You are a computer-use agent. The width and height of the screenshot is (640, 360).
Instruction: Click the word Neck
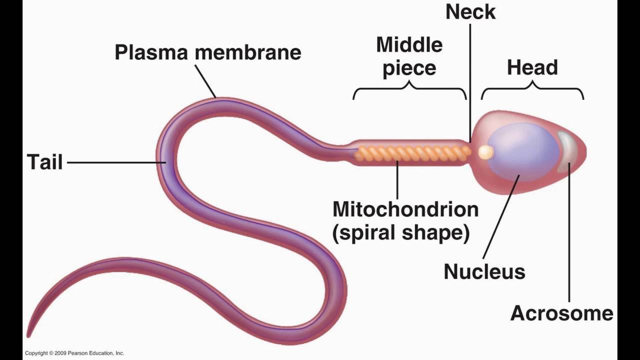[x=470, y=12]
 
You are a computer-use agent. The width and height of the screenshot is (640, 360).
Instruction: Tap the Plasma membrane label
[x=207, y=52]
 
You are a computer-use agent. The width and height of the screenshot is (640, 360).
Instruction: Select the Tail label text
[x=44, y=162]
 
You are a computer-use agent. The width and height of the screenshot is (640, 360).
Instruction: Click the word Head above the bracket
[x=532, y=67]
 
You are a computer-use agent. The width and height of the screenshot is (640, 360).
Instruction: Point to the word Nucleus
[x=484, y=271]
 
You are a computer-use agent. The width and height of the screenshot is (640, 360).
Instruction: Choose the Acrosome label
[x=561, y=313]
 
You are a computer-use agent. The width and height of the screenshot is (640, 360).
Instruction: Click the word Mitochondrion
[x=405, y=209]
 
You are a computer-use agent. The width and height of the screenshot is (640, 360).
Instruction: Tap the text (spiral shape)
[x=401, y=233]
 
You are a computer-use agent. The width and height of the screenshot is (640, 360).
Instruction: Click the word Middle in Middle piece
[x=409, y=45]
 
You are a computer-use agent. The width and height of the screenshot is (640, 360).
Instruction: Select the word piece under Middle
[x=409, y=68]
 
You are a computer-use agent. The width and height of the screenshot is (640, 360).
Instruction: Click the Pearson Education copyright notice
[x=74, y=353]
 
